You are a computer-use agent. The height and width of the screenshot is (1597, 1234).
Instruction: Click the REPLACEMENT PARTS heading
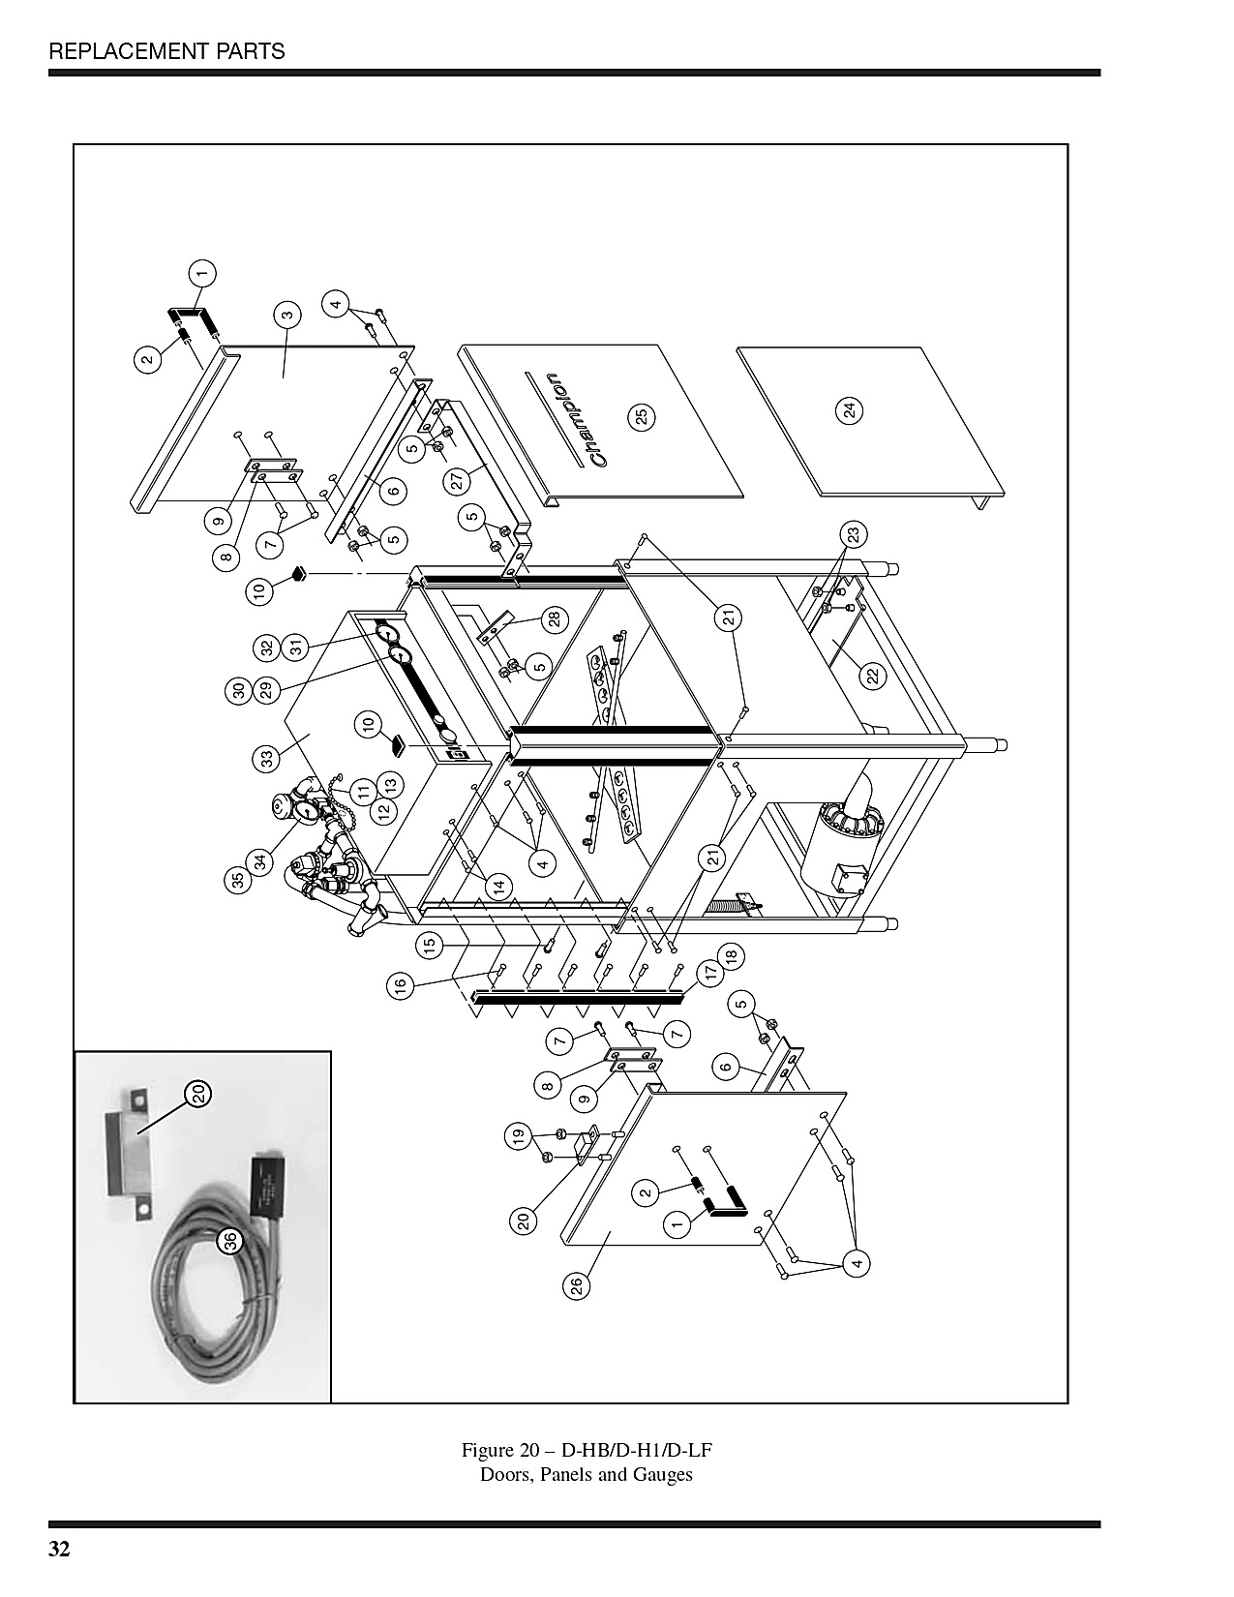[166, 51]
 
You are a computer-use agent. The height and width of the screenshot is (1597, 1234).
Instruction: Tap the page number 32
[60, 1549]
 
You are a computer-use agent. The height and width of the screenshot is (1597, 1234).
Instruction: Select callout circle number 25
[641, 417]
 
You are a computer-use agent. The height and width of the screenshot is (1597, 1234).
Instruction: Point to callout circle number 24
[851, 410]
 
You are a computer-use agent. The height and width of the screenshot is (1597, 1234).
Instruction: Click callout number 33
[267, 758]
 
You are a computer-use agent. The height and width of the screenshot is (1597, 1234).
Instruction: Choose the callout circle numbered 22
[872, 676]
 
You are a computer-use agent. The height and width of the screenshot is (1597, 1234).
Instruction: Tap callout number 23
[854, 534]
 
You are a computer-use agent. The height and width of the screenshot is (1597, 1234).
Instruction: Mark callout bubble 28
[555, 619]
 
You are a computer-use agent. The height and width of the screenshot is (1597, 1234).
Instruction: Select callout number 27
[457, 482]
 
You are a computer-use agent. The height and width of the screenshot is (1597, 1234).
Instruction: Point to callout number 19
[518, 1137]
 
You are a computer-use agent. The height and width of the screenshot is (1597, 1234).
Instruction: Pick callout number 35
[238, 881]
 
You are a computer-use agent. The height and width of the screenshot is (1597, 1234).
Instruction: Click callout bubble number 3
[287, 316]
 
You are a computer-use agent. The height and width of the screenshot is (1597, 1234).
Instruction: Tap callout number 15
[430, 945]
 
